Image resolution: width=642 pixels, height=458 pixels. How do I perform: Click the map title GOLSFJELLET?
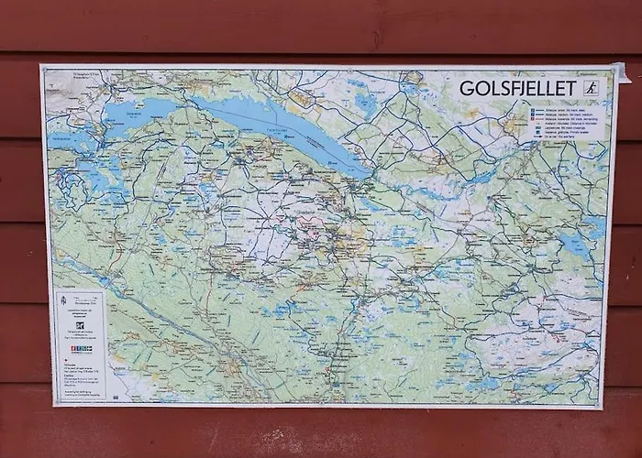coord(518,89)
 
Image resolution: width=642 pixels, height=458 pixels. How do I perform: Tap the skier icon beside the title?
coord(592,89)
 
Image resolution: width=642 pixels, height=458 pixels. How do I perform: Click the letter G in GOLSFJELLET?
coord(466,89)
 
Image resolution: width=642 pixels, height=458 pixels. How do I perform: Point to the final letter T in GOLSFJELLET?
coord(571,89)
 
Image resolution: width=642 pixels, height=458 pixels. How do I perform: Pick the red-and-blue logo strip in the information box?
coord(81,349)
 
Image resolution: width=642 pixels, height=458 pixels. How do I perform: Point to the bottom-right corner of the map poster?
coord(603,408)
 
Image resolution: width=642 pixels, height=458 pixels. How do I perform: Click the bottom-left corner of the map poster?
coord(52,405)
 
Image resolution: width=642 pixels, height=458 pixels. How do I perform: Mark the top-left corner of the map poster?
coord(41,66)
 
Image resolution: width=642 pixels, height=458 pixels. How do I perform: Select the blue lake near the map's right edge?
coord(575,245)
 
